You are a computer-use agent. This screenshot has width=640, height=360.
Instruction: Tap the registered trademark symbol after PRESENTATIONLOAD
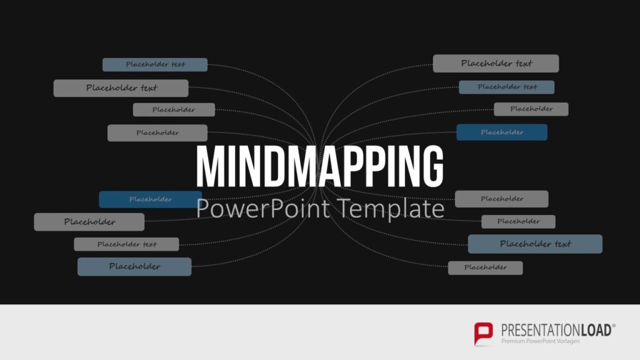[614, 326]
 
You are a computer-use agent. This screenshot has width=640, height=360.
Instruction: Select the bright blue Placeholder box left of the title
[150, 199]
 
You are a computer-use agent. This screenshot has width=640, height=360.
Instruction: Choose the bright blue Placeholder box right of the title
[502, 132]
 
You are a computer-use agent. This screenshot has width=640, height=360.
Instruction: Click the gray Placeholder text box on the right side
[496, 63]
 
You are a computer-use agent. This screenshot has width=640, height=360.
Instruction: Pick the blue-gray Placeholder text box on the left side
[155, 64]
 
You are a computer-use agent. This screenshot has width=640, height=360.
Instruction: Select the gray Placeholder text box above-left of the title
[121, 88]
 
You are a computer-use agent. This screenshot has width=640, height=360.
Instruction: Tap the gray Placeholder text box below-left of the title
[126, 244]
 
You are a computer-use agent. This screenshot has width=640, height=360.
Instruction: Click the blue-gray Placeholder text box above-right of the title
[507, 87]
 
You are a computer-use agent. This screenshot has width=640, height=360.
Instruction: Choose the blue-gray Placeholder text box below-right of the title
[535, 244]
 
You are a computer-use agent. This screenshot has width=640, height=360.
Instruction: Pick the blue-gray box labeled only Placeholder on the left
[134, 267]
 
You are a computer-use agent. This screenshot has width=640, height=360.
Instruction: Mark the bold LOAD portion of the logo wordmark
[594, 330]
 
